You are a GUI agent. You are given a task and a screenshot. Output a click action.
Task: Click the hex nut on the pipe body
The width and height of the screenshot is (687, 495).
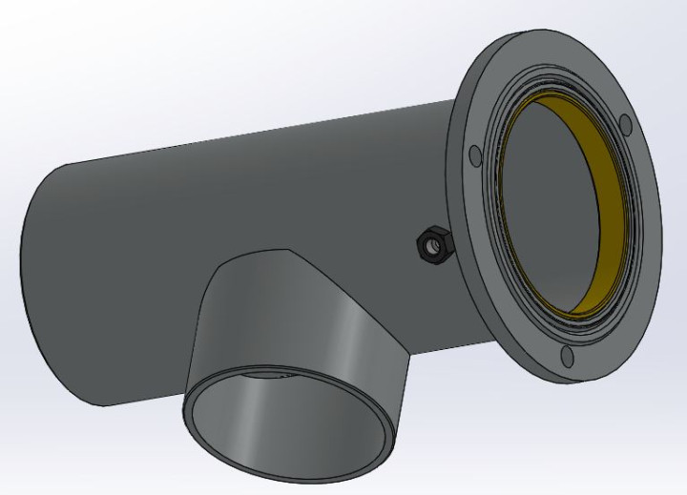(x=434, y=246)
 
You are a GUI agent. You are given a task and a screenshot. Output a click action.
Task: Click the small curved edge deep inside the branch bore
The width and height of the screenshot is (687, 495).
(x=267, y=375)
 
